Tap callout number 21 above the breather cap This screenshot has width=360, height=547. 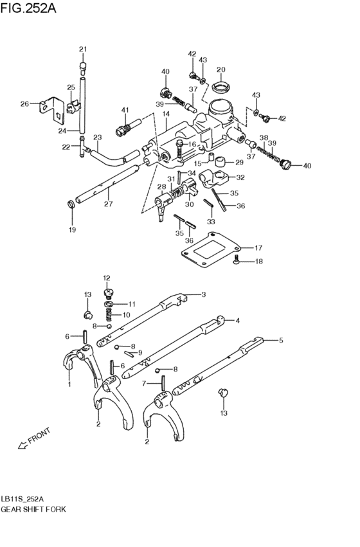82,49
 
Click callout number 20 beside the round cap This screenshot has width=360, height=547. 221,70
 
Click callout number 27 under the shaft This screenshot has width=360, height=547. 108,204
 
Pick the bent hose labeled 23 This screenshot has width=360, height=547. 113,155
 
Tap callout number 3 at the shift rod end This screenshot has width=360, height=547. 203,294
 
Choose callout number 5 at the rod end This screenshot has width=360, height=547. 280,341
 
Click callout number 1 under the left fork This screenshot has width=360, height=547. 69,384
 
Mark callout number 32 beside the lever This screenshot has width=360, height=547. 240,178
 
